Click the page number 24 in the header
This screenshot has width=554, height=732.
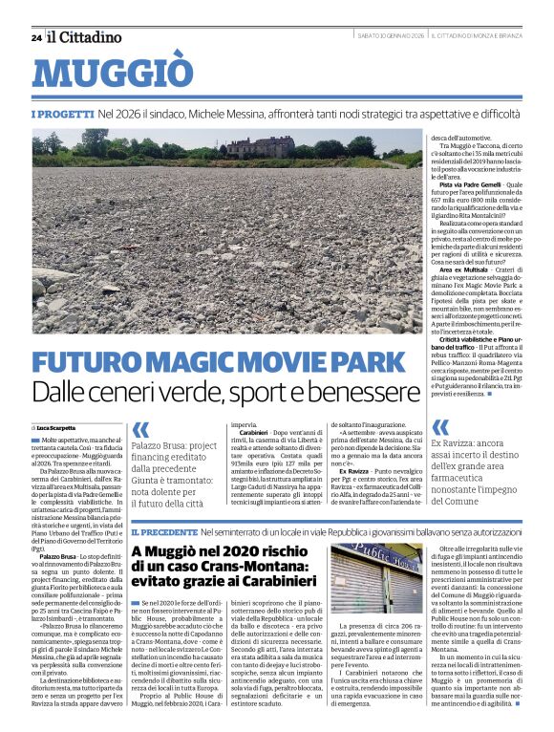coord(36,38)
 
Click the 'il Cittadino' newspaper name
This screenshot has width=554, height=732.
coord(86,37)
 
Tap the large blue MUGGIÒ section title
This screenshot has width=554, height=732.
coord(113,75)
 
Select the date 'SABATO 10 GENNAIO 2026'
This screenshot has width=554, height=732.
coord(376,37)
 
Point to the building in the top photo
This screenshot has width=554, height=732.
coord(260,146)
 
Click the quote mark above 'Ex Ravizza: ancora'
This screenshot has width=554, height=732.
coord(440,427)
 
